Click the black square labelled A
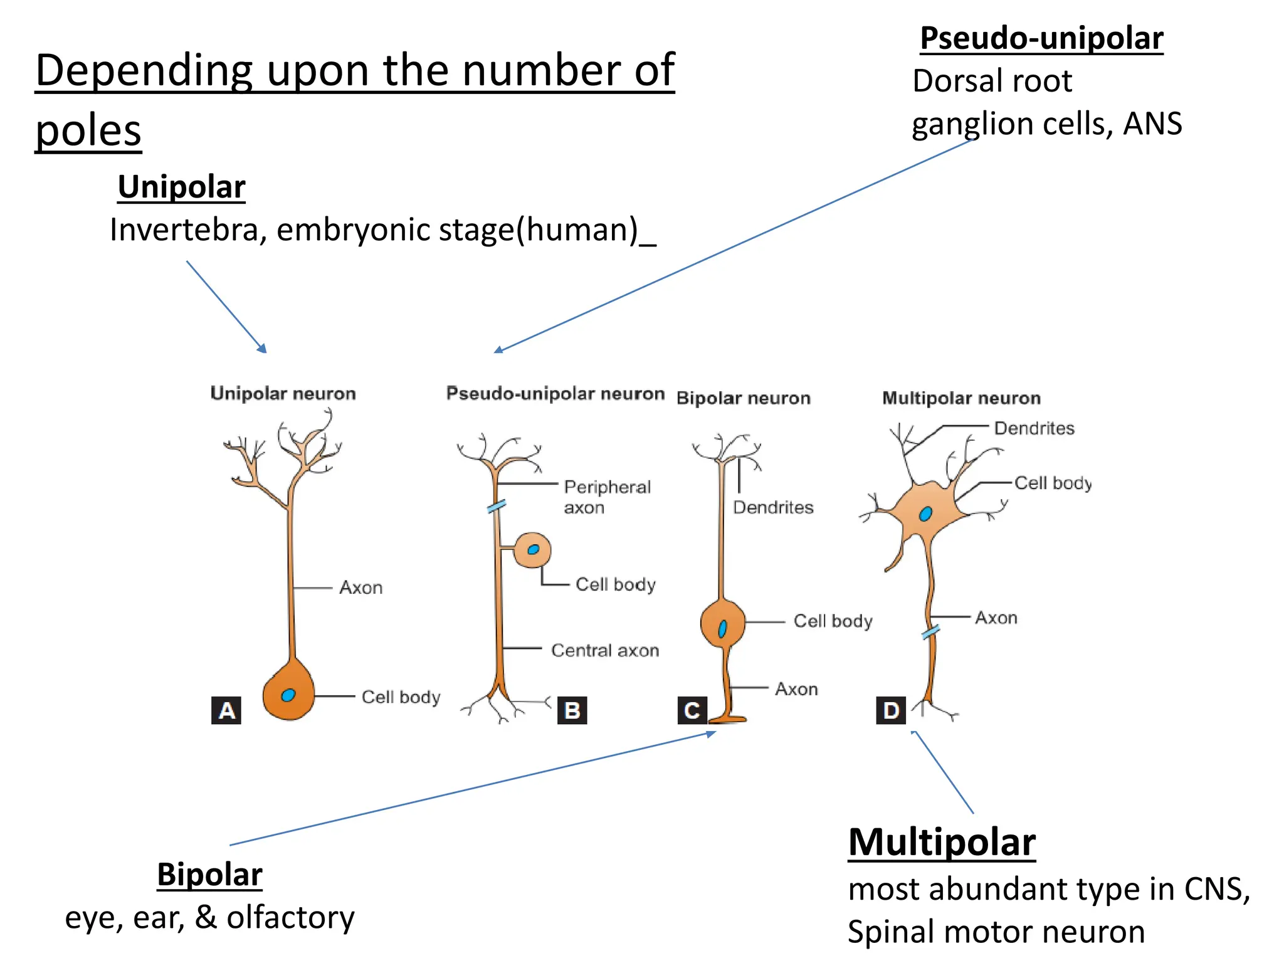226,710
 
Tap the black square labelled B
572,710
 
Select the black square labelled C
692,710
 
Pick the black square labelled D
891,710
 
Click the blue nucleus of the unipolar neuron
288,695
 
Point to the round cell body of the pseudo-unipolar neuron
532,550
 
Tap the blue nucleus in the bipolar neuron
722,628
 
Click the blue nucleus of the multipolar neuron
925,514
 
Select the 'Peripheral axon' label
607,497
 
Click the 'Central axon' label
605,650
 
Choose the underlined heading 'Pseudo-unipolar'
1041,39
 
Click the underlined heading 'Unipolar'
181,187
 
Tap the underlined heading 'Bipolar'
209,875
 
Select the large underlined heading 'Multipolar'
942,842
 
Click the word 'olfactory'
290,918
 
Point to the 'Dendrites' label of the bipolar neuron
773,507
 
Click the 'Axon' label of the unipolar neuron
360,587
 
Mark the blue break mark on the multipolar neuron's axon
931,632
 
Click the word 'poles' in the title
88,130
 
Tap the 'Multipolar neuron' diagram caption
961,398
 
